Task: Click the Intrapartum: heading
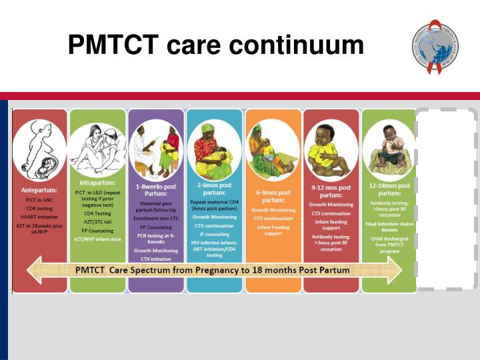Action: coord(97,182)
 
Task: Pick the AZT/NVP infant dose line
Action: coord(97,238)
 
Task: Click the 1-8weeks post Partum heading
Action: coord(156,189)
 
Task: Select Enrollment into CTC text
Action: coord(155,218)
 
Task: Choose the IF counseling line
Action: coord(214,234)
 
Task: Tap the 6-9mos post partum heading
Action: coord(273,196)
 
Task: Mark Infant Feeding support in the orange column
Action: coord(273,230)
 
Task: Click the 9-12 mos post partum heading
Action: coord(331,191)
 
